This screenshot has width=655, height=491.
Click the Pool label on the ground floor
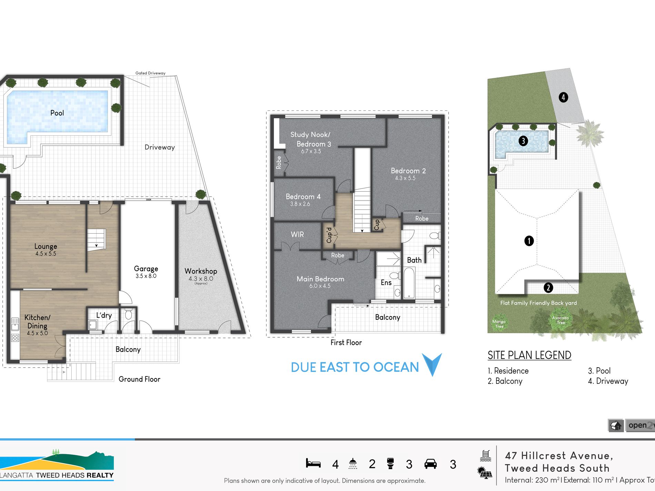tap(57, 113)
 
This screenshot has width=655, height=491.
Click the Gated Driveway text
tap(150, 73)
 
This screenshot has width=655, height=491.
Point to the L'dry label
tap(104, 315)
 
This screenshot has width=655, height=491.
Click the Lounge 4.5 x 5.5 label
tap(46, 249)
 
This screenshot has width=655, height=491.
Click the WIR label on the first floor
tap(297, 235)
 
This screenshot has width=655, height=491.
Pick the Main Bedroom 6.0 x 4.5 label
tap(320, 282)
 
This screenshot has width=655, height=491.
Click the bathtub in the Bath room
tap(409, 283)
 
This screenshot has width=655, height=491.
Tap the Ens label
tap(386, 283)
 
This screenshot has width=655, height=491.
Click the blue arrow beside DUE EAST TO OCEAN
tap(432, 364)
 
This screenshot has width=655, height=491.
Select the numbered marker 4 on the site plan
tap(563, 97)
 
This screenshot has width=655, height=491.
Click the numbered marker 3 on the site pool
tap(523, 141)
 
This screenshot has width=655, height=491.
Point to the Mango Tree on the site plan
tap(499, 324)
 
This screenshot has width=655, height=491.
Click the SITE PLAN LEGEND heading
tap(529, 355)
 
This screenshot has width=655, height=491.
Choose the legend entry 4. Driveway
tap(608, 381)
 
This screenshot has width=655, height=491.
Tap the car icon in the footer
tap(430, 464)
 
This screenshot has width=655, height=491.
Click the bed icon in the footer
tap(313, 463)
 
